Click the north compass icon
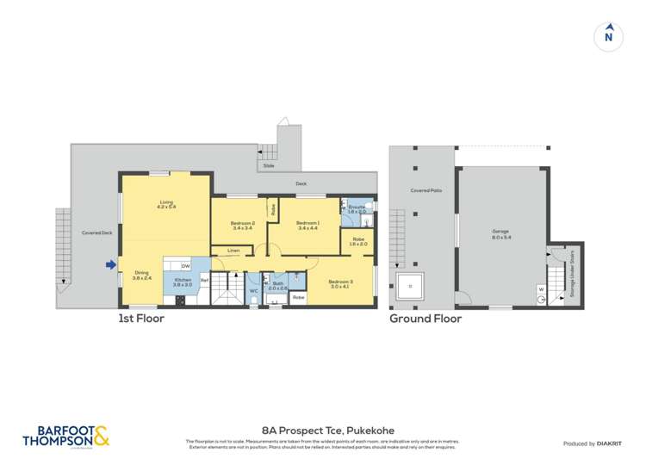608,36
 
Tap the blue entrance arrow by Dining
110,265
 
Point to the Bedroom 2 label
241,226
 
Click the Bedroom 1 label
308,226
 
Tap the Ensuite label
357,208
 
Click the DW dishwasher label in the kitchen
185,267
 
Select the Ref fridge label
204,281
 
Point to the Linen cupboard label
233,251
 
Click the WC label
253,291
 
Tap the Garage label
500,233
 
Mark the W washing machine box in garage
541,289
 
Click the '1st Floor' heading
141,319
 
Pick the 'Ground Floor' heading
425,319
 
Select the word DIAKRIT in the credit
611,443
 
